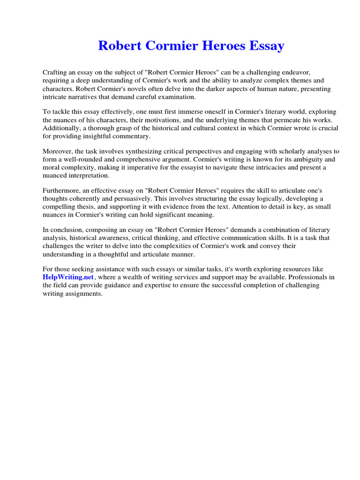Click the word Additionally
tap(62, 128)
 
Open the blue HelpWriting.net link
tap(68, 277)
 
